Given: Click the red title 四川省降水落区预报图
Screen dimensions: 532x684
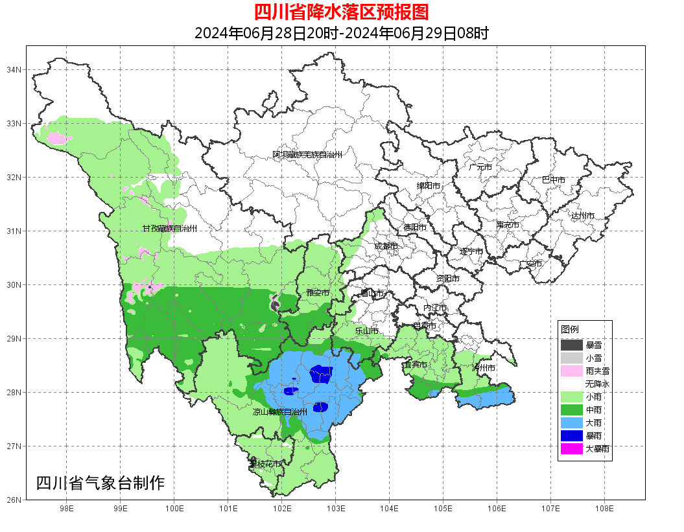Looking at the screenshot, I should [x=341, y=12].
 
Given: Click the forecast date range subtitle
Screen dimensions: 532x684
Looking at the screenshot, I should [x=341, y=33].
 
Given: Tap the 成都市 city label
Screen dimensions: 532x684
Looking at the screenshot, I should [x=386, y=246].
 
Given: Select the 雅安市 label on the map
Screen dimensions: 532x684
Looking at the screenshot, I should [x=318, y=293].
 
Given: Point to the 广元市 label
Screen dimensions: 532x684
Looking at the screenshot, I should [x=480, y=167].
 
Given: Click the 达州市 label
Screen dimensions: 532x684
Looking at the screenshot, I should [x=583, y=216].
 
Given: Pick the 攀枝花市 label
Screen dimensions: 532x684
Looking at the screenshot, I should [x=265, y=464].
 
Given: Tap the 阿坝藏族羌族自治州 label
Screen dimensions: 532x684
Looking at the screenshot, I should [x=307, y=155].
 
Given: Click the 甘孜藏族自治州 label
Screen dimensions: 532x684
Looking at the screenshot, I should [x=170, y=229].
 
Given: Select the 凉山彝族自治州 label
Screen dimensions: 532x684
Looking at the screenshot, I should [x=280, y=411].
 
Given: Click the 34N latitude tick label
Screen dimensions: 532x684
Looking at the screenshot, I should [x=14, y=69].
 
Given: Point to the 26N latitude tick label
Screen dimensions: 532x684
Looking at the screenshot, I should [x=14, y=500].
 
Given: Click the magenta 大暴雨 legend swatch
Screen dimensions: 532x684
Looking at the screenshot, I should [x=572, y=448].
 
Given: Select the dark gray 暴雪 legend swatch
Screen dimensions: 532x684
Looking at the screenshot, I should [x=572, y=345].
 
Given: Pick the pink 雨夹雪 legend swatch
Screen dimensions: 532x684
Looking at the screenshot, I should [x=572, y=371].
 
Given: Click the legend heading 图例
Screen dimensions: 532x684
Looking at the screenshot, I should [x=570, y=329].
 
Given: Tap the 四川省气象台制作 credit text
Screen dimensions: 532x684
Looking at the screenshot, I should [x=100, y=483].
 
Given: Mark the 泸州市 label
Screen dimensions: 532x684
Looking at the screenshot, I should [x=484, y=368].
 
